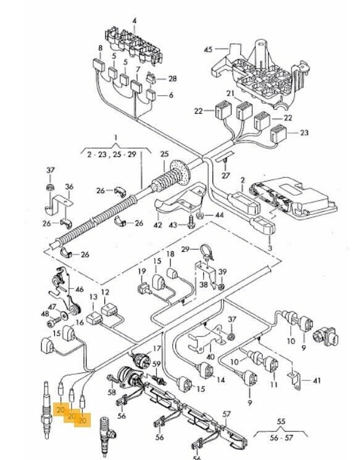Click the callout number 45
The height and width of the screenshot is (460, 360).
click(208, 49)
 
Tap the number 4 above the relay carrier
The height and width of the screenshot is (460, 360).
click(135, 21)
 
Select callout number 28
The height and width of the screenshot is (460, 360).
click(172, 78)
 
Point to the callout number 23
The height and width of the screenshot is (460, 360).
click(304, 133)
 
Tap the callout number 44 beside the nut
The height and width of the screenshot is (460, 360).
click(219, 215)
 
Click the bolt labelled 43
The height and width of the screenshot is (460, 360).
click(190, 222)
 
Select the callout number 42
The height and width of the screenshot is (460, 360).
click(158, 225)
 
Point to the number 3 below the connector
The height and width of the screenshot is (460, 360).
click(270, 248)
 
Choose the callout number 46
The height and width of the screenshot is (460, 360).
click(79, 289)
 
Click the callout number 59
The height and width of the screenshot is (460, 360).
click(157, 364)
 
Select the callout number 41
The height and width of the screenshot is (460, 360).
click(317, 381)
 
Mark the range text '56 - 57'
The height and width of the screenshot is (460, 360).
click(281, 438)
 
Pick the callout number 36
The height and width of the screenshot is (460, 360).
click(69, 186)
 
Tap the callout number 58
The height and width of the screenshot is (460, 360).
click(112, 392)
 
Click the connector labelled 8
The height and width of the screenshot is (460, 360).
click(99, 65)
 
